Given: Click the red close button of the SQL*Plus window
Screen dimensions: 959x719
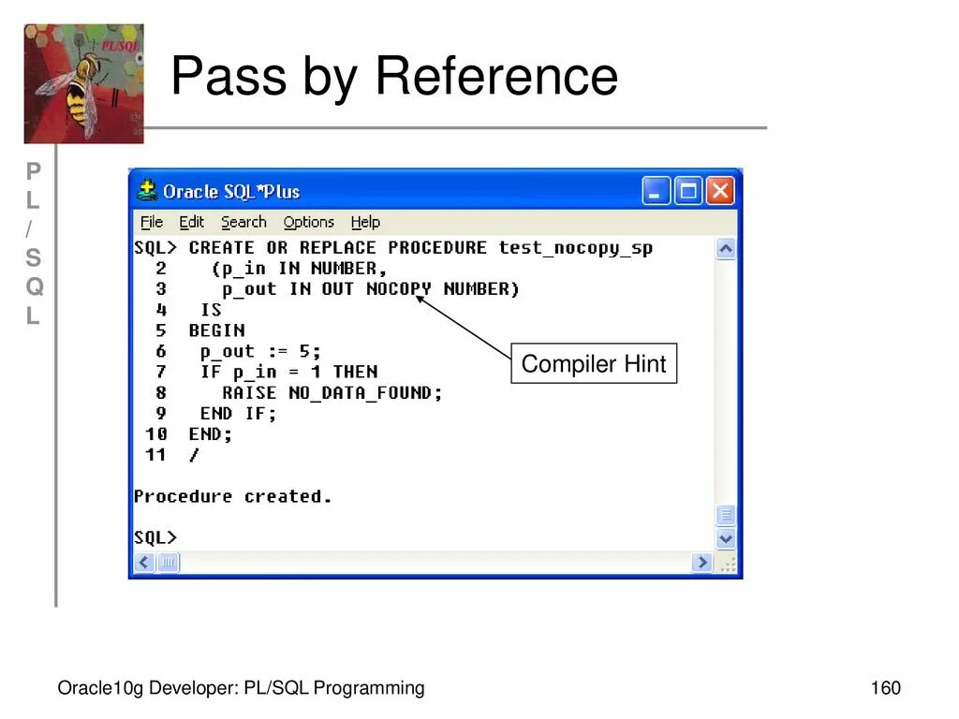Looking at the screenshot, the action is (x=719, y=192).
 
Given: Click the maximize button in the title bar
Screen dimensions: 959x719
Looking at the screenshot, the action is (x=688, y=192).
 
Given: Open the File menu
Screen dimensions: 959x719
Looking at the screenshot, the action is (x=151, y=222).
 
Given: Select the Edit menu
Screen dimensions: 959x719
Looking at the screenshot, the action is (x=191, y=222).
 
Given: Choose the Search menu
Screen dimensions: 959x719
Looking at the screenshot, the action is (x=243, y=222).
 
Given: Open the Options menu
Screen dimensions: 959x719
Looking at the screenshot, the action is (x=308, y=222).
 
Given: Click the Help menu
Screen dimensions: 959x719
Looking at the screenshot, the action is (x=365, y=222).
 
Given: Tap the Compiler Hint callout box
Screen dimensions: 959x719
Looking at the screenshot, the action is (x=593, y=364).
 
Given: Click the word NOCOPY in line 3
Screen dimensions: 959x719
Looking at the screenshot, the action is (x=399, y=289).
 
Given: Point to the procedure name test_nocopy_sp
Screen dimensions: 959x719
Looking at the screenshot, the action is (x=575, y=248).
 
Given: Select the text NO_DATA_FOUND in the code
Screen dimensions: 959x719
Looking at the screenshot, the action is (x=365, y=393).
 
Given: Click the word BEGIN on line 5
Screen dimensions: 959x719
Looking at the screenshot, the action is (x=216, y=330).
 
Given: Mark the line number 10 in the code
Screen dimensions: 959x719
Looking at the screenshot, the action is (x=156, y=434).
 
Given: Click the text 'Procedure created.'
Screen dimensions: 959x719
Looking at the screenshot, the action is (x=232, y=496).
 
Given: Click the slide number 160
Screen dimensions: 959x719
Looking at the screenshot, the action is (x=885, y=689).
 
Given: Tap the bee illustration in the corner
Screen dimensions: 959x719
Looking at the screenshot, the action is (x=83, y=84).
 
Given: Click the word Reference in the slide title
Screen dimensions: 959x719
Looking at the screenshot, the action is (x=496, y=77).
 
